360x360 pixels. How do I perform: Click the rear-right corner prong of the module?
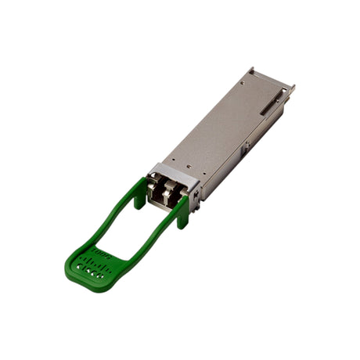coord(291,89)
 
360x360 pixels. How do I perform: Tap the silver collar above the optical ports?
coord(171,174)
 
